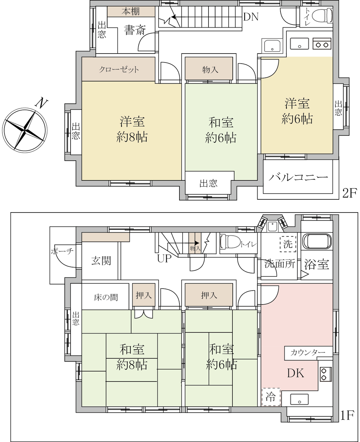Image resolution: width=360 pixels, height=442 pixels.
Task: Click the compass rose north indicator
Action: coord(42,103)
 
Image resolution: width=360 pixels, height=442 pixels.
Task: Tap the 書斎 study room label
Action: coord(134,30)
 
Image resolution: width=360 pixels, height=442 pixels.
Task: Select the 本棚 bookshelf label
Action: coord(131,12)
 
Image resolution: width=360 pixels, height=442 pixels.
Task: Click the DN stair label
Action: coord(251,17)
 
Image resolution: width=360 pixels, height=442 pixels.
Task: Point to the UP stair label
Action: coord(164,258)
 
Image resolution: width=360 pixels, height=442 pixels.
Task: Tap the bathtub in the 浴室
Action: coord(317,241)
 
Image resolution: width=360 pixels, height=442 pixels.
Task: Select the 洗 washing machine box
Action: coord(288,244)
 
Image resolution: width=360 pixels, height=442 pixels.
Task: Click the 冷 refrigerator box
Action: coord(271,397)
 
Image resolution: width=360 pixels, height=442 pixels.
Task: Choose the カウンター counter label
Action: coord(308,352)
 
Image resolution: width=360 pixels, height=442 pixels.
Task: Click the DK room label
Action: coord(296,373)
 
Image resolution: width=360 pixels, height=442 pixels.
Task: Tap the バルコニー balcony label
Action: coord(298,177)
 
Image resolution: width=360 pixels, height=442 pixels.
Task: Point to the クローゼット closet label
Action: coord(119,69)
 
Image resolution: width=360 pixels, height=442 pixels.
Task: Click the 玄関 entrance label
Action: coord(101,261)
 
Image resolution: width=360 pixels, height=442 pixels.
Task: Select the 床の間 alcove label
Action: coord(106,298)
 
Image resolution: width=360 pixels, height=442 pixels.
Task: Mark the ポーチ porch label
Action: coord(62,251)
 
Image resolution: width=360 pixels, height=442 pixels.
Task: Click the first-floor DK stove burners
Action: coord(326,374)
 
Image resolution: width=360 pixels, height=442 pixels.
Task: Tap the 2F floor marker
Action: coord(349,193)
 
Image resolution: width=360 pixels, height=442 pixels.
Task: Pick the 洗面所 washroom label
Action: coord(280,264)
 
